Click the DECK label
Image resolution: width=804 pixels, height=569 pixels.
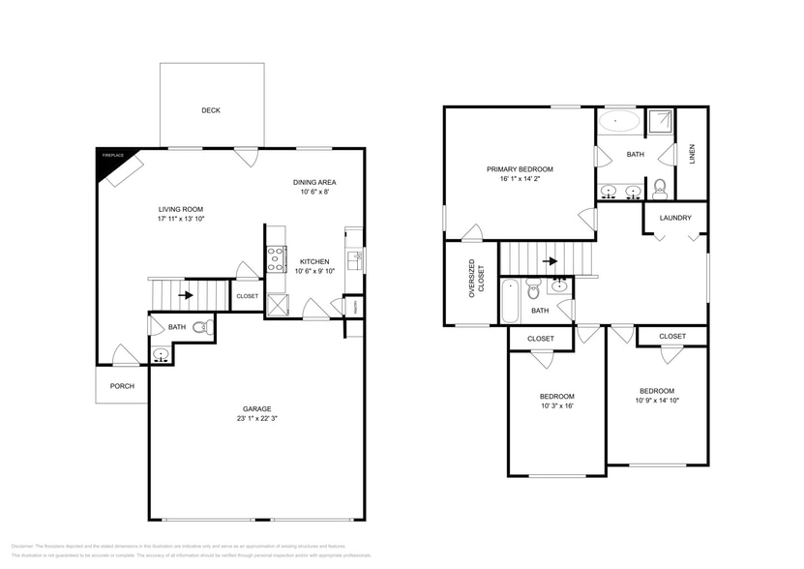pos(211,110)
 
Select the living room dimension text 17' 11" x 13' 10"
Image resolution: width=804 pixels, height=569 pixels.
pos(181,220)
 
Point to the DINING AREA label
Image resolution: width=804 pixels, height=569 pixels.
pos(314,182)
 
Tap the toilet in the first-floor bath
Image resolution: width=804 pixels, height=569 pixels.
pos(201,328)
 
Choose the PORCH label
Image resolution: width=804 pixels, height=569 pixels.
pos(122,386)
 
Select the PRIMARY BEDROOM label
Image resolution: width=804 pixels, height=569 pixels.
pos(520,168)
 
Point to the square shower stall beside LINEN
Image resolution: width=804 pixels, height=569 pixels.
pos(659,121)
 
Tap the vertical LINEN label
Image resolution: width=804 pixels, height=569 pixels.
pos(692,155)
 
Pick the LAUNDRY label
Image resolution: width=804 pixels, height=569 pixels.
pos(675,218)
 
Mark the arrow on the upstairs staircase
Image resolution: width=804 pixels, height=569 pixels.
pos(551,260)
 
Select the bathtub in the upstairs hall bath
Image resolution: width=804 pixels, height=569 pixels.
pos(510,299)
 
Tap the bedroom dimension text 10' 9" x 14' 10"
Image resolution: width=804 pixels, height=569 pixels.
pos(657,401)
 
